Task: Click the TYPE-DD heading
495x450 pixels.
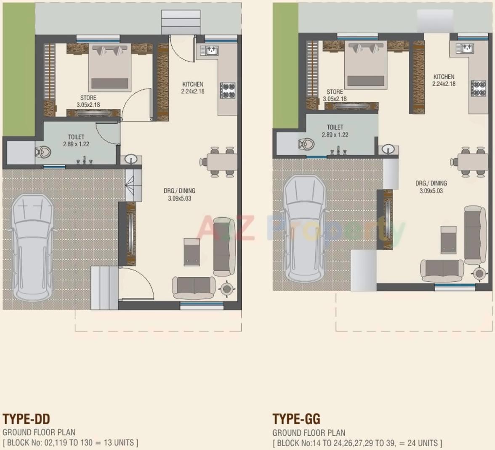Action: click(x=27, y=419)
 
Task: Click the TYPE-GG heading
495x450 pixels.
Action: click(x=296, y=419)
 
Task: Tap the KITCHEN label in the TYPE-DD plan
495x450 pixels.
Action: click(x=193, y=84)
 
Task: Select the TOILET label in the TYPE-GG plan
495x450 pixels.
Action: click(x=335, y=127)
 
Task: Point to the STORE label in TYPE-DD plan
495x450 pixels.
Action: click(x=88, y=98)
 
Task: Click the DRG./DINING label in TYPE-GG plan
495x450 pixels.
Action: click(x=431, y=183)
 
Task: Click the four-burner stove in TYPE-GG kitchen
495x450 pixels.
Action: click(x=478, y=88)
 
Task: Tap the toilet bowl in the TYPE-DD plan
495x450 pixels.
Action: click(x=43, y=151)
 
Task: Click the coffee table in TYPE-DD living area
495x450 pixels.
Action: click(x=192, y=252)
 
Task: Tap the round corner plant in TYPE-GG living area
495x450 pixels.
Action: click(x=479, y=273)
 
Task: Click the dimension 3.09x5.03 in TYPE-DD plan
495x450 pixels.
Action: click(x=179, y=198)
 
